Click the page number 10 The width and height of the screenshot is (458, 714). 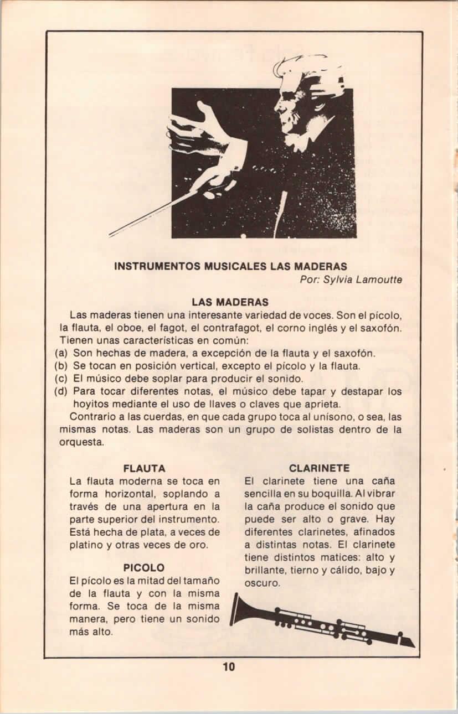pos(229,666)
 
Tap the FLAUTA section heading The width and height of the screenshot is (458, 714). pos(144,468)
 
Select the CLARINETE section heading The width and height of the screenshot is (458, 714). pos(319,468)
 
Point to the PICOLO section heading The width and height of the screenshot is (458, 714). pos(144,568)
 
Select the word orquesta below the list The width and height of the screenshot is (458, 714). pos(81,442)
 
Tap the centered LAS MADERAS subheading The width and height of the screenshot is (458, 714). pos(230,302)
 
